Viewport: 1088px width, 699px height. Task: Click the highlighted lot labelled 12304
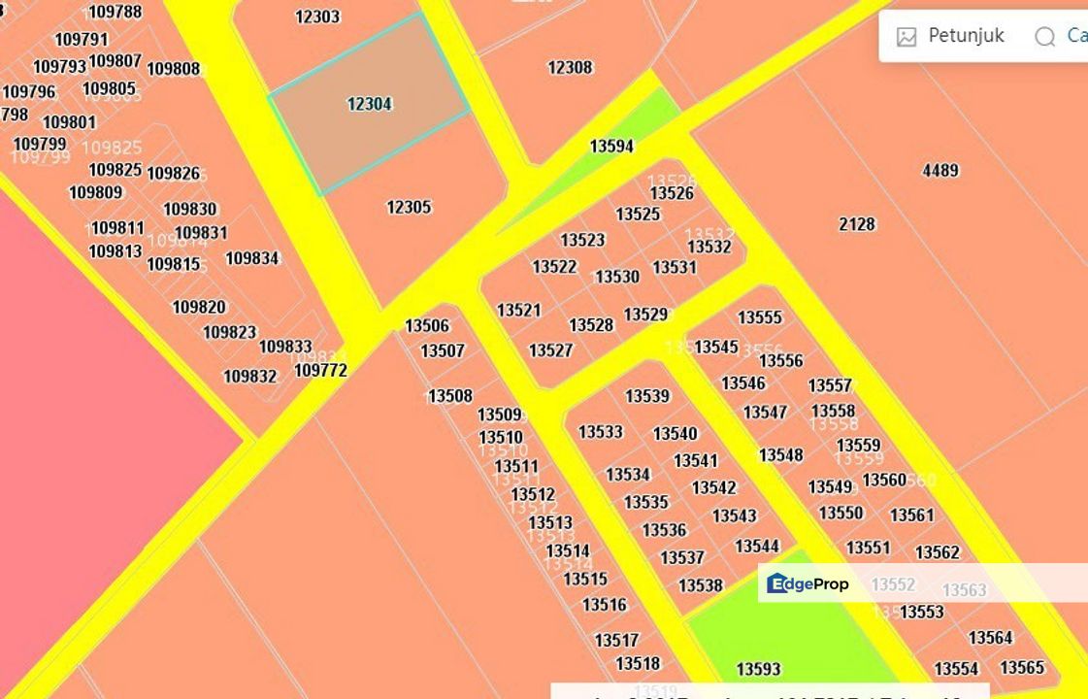(x=369, y=104)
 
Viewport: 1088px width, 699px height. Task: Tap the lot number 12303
(x=317, y=17)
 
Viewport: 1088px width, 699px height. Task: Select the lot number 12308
(x=570, y=67)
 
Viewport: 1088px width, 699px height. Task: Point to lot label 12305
(x=409, y=207)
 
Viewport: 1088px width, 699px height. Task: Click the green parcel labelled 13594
(x=611, y=147)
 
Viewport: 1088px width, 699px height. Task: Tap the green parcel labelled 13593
(x=758, y=669)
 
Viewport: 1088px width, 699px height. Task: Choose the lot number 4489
(x=940, y=171)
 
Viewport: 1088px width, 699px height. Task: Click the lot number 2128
(x=857, y=224)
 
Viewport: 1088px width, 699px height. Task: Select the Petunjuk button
(x=951, y=36)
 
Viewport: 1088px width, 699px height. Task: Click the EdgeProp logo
(x=808, y=583)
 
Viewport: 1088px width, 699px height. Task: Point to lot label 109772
(x=320, y=370)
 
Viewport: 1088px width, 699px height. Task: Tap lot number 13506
(x=427, y=326)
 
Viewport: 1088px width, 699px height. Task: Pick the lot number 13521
(x=518, y=311)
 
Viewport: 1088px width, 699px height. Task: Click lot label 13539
(x=647, y=396)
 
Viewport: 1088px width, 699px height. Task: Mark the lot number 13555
(x=760, y=317)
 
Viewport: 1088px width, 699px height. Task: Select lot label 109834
(x=252, y=258)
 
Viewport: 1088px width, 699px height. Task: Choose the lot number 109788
(x=115, y=13)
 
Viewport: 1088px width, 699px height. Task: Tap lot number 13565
(x=1022, y=668)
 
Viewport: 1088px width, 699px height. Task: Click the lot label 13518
(x=638, y=664)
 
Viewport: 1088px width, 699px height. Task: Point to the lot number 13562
(x=938, y=553)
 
